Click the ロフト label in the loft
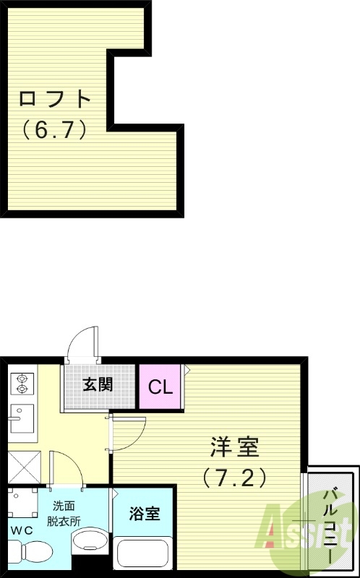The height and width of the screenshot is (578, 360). [55, 98]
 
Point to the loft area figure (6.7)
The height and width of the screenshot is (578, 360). [55, 130]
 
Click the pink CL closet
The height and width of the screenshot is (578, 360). [160, 387]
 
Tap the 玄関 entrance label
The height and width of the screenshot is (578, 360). [98, 384]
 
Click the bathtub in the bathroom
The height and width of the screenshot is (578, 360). [143, 558]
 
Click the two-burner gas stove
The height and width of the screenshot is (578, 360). [21, 384]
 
